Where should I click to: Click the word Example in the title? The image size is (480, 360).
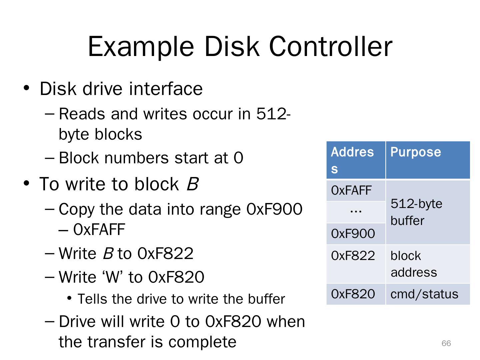coord(140,47)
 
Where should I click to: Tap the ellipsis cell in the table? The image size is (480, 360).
coord(356,211)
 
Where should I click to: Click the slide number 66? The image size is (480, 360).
coord(446,343)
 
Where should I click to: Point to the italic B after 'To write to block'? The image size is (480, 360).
coord(192,184)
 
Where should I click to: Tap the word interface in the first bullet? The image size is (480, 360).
coord(166,89)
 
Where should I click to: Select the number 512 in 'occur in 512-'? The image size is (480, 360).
coord(271,114)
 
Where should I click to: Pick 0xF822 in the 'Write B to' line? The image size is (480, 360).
coord(165,254)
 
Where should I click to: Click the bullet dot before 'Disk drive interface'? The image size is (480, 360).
coord(27,88)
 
